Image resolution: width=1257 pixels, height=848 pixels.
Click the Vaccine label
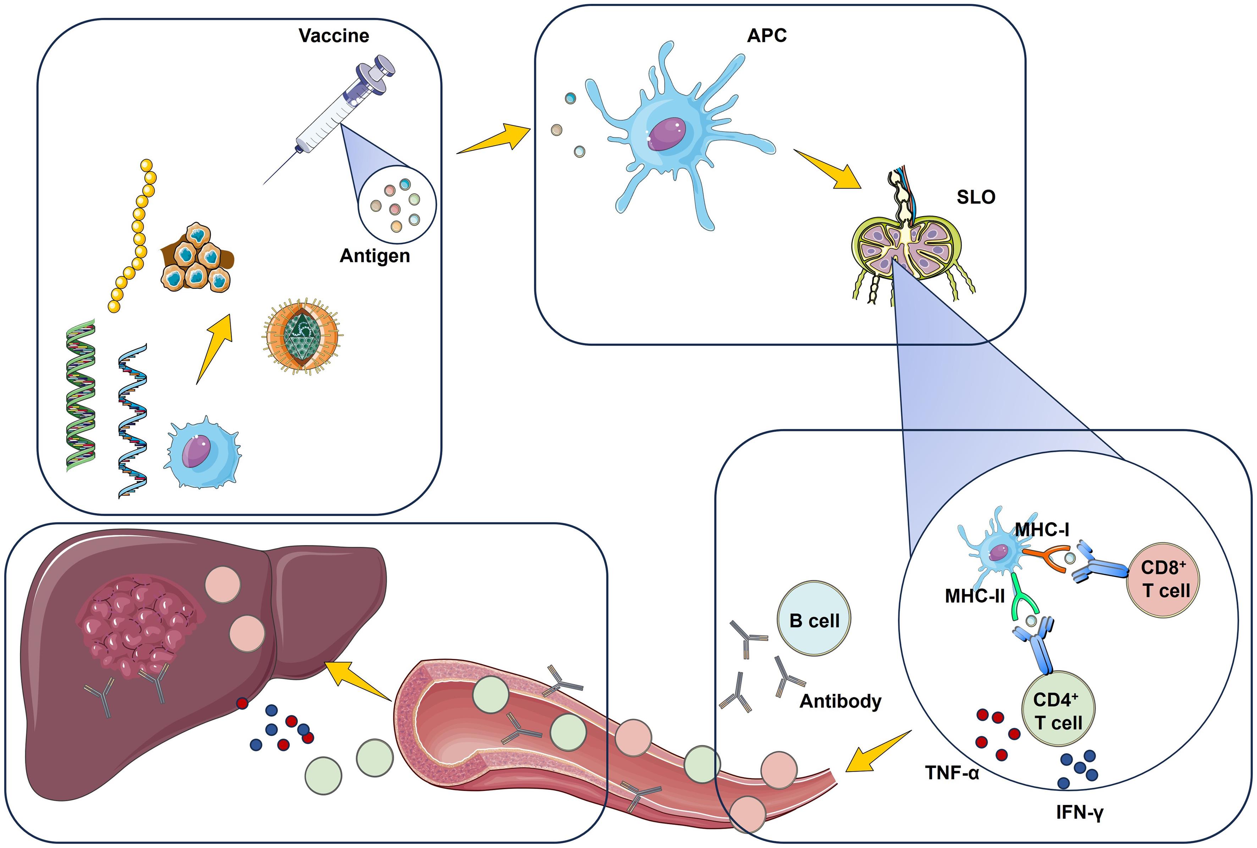coord(333,36)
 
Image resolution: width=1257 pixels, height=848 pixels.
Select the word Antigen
coord(375,256)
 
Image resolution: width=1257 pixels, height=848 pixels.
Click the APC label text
coord(766,36)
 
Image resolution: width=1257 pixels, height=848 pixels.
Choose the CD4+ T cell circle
coord(1058,709)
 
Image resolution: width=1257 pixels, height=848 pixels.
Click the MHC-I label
coord(1042,530)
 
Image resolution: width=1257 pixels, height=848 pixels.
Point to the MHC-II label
coord(974,596)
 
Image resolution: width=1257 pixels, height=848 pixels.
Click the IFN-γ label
coord(1079,812)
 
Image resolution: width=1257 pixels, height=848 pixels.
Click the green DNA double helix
coord(81,395)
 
